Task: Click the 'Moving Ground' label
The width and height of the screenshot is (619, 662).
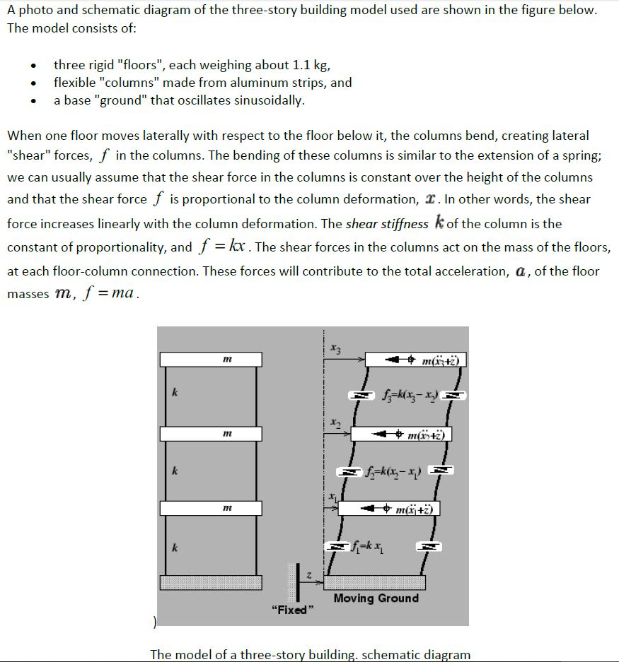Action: pos(376,598)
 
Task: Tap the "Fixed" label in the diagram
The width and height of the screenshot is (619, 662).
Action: pos(289,610)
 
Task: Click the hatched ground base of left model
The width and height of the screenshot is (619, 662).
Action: pos(211,582)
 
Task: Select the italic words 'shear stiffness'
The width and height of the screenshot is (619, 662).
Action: pos(387,224)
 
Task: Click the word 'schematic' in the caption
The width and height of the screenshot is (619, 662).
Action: pos(392,654)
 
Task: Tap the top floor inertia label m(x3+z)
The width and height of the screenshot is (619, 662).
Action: pos(439,362)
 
